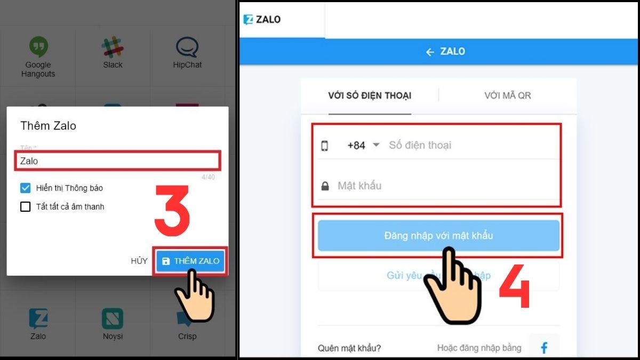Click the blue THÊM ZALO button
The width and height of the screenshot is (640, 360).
[x=191, y=261]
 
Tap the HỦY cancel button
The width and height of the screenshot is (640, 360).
[x=139, y=261]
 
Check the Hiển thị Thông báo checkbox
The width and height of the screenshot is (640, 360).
[x=25, y=188]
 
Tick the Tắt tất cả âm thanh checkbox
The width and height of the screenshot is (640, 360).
[x=25, y=206]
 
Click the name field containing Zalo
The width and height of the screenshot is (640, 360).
[x=117, y=161]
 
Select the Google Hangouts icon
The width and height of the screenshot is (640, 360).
[x=38, y=47]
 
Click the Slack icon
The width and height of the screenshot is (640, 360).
[x=113, y=47]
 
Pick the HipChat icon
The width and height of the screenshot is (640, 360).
[x=187, y=47]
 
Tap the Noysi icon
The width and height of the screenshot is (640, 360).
[x=113, y=319]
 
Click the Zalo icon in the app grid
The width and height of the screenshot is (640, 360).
[x=38, y=319]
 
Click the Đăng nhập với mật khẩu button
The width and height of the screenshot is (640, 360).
[x=438, y=235]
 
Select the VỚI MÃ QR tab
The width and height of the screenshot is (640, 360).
[x=507, y=95]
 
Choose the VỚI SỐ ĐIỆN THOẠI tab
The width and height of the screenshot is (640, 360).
[x=370, y=95]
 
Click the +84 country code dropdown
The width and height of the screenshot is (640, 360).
[x=363, y=145]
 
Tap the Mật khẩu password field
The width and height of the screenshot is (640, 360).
[x=437, y=186]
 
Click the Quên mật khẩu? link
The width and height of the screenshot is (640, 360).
[x=349, y=348]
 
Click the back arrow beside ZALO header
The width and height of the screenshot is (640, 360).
[x=430, y=52]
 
